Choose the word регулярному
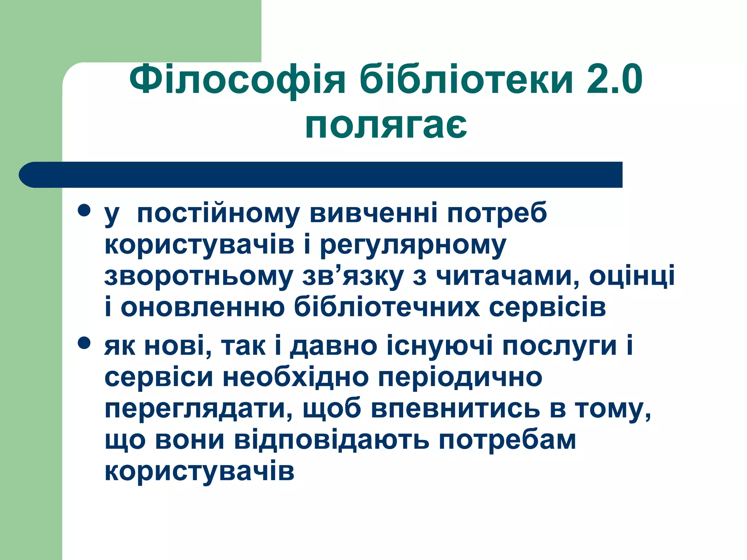pyautogui.click(x=413, y=245)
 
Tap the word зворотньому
pyautogui.click(x=199, y=276)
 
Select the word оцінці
pyautogui.click(x=632, y=276)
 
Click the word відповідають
pyautogui.click(x=332, y=440)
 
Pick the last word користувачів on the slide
pyautogui.click(x=200, y=471)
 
